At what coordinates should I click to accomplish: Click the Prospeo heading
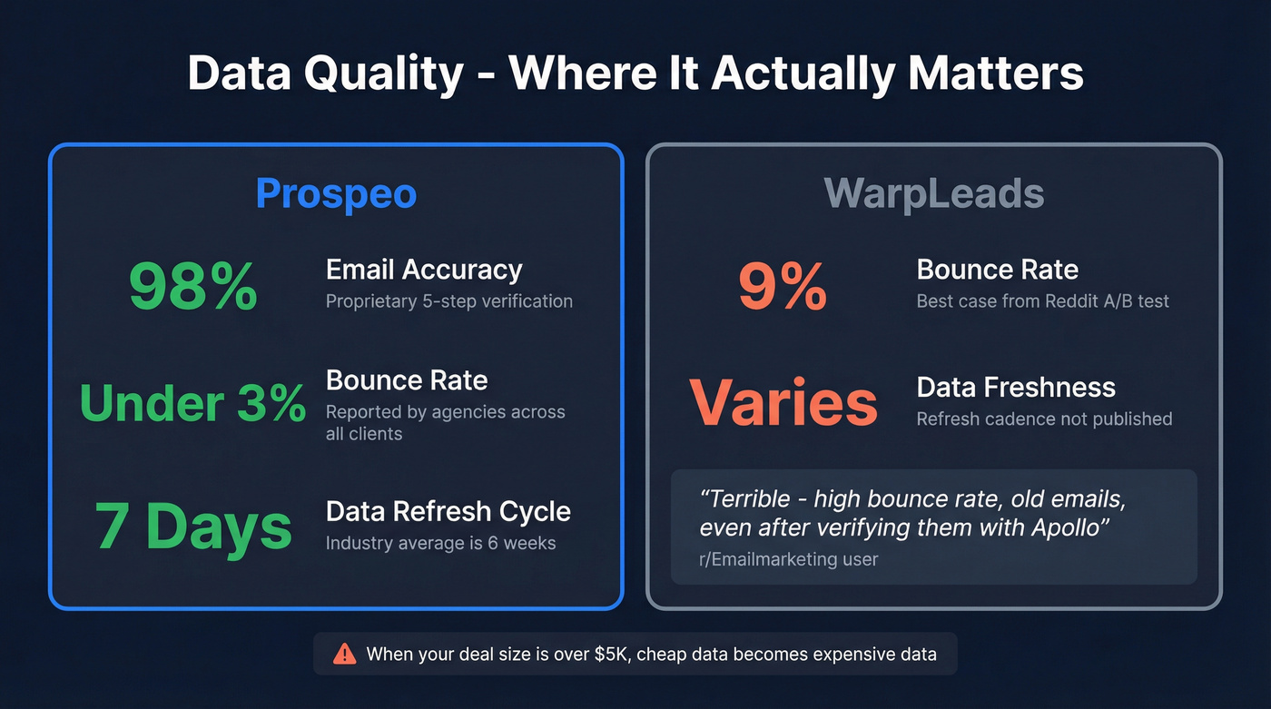336,193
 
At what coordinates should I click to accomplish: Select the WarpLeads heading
934,193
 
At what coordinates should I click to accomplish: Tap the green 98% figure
192,287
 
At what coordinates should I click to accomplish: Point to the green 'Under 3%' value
192,403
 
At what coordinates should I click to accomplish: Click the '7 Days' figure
192,527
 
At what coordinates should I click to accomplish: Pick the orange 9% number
782,287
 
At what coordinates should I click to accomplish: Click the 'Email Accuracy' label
424,270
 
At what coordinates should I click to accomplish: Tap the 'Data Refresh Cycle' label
448,511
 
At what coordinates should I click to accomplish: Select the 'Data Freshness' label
1016,388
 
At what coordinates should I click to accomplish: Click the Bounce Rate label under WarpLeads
997,270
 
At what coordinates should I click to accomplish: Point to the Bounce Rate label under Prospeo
407,380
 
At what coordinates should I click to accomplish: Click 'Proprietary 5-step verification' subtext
449,301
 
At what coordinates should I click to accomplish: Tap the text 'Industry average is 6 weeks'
440,544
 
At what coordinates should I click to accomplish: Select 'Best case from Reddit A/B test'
1043,301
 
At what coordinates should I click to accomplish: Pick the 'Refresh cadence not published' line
1044,419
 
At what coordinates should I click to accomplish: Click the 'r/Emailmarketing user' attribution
789,559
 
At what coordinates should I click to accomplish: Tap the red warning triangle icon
345,654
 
